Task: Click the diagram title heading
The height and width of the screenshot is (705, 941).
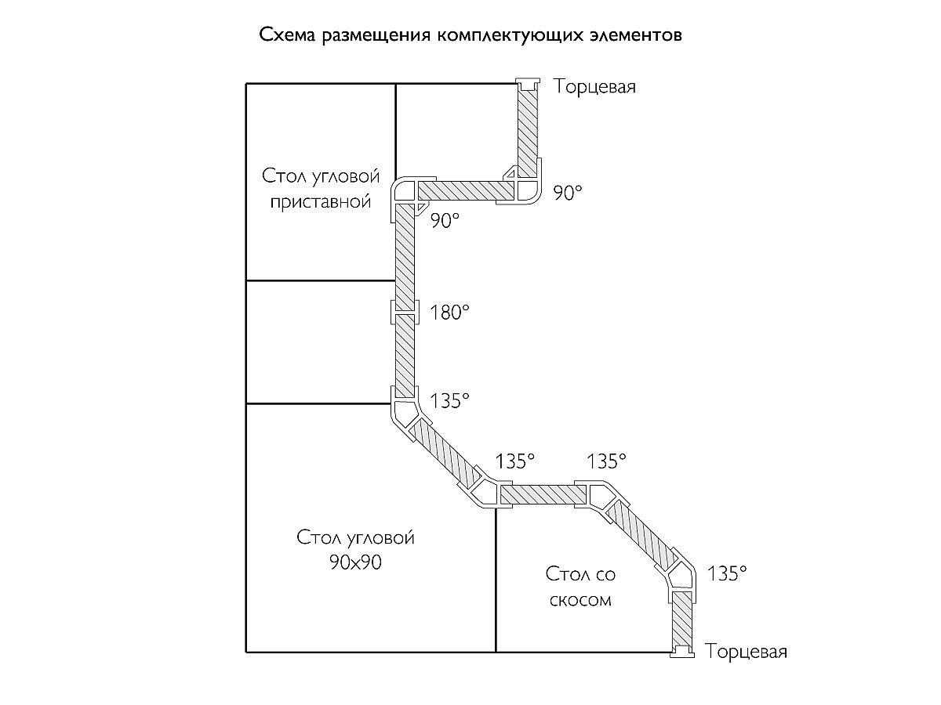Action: pos(470,36)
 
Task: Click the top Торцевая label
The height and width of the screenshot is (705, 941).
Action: pos(595,87)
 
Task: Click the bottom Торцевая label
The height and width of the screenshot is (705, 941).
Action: pos(746,652)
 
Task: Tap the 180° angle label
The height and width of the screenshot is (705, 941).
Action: pos(449,313)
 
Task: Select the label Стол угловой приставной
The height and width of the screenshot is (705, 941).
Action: pos(320,188)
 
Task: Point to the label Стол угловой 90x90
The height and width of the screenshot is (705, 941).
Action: pos(355,550)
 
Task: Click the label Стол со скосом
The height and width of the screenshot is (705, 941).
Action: pos(581,587)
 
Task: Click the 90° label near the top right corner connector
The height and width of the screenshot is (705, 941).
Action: pos(569,193)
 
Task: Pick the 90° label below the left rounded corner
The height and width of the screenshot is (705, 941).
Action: pos(443,222)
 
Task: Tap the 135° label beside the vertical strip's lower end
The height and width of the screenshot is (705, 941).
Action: pos(449,401)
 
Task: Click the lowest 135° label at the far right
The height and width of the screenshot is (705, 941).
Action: pos(726,574)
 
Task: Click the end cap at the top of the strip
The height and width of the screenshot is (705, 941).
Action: pos(528,83)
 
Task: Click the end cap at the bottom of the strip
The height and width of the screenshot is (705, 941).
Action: pos(683,651)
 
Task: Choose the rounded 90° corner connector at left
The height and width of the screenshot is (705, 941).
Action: pos(405,192)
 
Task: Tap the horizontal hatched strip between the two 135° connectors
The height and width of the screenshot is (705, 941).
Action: pos(543,493)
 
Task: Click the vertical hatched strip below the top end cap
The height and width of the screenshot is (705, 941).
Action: pos(528,129)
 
